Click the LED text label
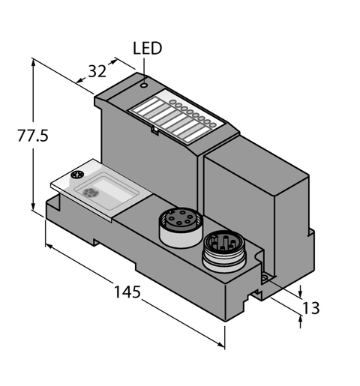click(x=147, y=49)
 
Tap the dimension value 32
click(x=97, y=71)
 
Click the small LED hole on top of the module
click(x=143, y=85)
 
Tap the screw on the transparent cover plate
click(x=75, y=176)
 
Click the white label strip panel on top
click(x=174, y=116)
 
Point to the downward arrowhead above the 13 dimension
click(x=301, y=293)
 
